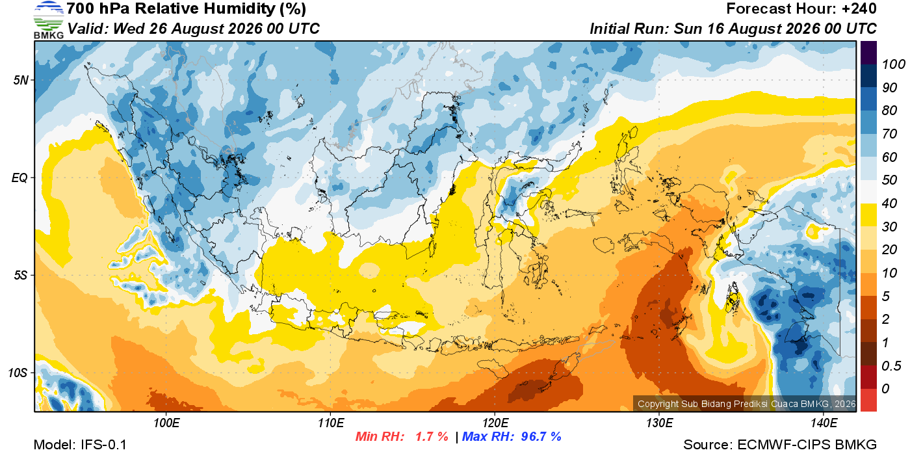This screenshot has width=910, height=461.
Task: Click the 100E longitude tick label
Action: (x=166, y=423)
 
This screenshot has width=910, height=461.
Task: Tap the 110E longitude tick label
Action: (x=331, y=423)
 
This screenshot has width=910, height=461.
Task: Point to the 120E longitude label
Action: (x=495, y=423)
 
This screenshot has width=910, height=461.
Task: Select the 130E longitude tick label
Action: (x=659, y=423)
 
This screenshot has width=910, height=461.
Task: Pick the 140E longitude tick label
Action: (x=824, y=423)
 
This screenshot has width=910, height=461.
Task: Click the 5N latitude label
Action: (x=21, y=80)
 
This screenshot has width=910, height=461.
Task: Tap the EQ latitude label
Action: (x=20, y=178)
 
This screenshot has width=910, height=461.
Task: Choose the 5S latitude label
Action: (x=21, y=276)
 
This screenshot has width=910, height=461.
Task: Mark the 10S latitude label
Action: (x=18, y=373)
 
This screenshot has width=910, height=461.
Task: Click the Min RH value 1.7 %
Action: (x=432, y=436)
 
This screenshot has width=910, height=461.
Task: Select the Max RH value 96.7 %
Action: (x=541, y=436)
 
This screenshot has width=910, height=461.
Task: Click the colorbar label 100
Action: (x=893, y=64)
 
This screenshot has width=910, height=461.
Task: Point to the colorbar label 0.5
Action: (x=891, y=366)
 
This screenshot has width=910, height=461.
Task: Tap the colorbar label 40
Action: (x=889, y=204)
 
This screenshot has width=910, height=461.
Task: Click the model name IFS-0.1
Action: (x=103, y=445)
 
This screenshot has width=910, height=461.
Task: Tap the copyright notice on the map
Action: (x=746, y=404)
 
